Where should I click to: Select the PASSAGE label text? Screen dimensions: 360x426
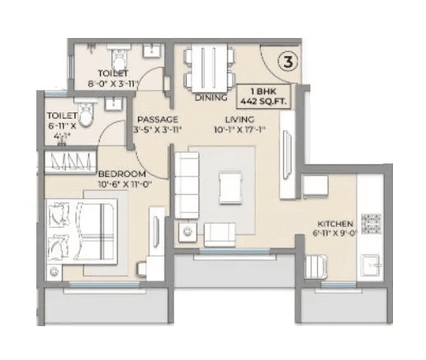coord(153,119)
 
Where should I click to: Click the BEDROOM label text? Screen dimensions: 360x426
coord(121,173)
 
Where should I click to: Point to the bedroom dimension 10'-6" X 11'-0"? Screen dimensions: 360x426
coord(122,184)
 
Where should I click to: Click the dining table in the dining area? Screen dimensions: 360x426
coord(206,67)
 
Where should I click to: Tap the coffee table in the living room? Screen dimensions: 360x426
coord(230,187)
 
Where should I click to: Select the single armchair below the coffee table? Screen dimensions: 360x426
coord(220,234)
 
